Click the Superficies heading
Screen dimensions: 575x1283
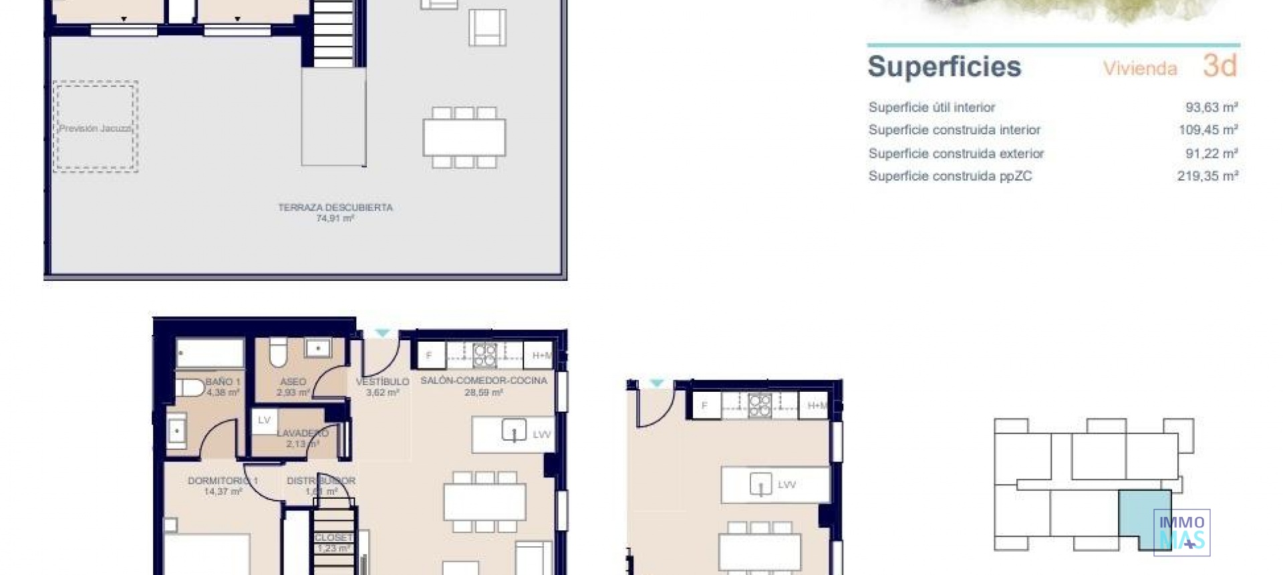point(944,67)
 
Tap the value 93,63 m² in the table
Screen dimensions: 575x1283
point(1211,108)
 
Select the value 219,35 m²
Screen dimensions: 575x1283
point(1207,177)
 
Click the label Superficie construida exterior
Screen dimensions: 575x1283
point(956,154)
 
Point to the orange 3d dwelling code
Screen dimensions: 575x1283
point(1220,66)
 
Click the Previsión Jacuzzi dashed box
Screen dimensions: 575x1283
point(96,127)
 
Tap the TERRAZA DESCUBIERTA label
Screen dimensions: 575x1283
point(335,208)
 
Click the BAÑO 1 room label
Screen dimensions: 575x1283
point(223,382)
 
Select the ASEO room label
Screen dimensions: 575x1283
point(293,382)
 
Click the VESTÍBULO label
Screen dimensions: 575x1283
point(382,382)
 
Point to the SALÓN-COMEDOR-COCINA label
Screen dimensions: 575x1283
point(483,380)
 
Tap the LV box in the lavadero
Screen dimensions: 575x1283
point(264,420)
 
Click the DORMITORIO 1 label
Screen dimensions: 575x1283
point(223,481)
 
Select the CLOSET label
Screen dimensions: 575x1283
point(333,538)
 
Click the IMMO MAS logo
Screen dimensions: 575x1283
point(1181,533)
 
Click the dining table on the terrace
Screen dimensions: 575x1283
point(464,136)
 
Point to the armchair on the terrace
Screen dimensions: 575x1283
point(487,28)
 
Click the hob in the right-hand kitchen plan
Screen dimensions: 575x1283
point(759,405)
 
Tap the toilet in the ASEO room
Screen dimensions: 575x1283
point(278,352)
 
